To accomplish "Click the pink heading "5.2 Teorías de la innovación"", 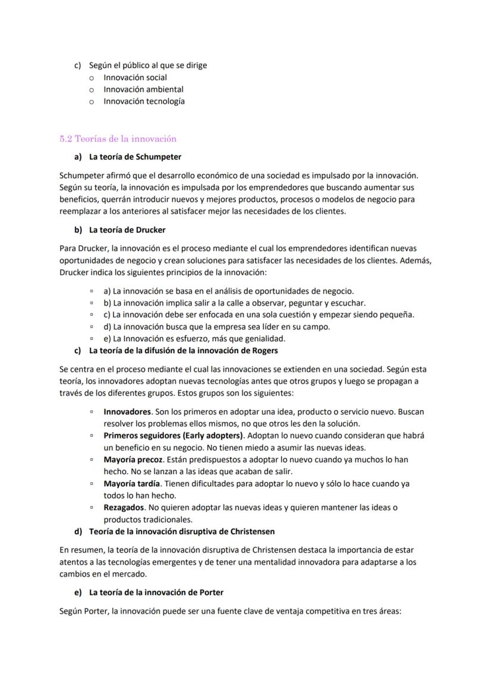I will click(x=118, y=139).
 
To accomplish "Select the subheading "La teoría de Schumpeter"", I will click(x=135, y=157).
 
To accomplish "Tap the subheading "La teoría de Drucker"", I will click(x=127, y=230).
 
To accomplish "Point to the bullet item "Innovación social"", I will click(x=135, y=77).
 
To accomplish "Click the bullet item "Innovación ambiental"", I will click(x=143, y=89).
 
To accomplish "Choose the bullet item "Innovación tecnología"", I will click(x=144, y=101).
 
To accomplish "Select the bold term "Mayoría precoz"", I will click(x=133, y=459).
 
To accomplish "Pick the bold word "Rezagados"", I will click(x=124, y=507).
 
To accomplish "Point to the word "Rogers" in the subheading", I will click(x=265, y=350).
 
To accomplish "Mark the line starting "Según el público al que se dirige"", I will click(x=148, y=65).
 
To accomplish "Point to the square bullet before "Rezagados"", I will click(x=92, y=508).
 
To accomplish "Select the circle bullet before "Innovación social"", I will click(x=92, y=78).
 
